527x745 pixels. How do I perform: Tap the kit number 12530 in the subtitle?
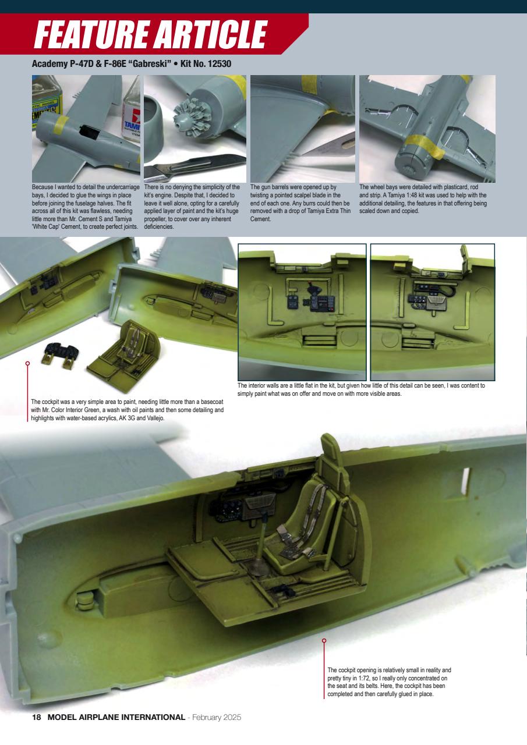(x=216, y=63)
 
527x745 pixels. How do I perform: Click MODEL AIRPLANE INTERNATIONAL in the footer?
(x=116, y=717)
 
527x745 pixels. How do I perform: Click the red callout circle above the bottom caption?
(x=324, y=641)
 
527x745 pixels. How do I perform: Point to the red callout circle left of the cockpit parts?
(x=27, y=363)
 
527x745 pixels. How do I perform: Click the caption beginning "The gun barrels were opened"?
(x=302, y=203)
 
